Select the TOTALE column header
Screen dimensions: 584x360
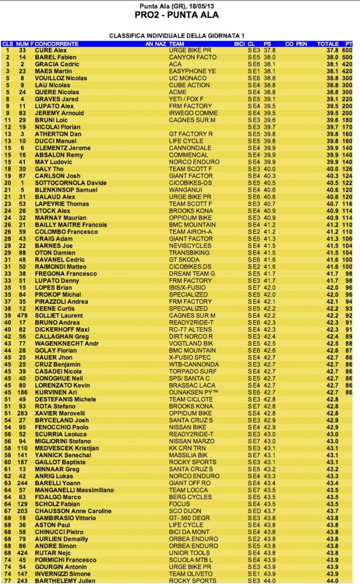click(327, 44)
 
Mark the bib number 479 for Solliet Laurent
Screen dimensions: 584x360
click(23, 315)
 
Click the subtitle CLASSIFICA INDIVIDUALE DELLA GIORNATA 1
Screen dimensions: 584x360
click(179, 35)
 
